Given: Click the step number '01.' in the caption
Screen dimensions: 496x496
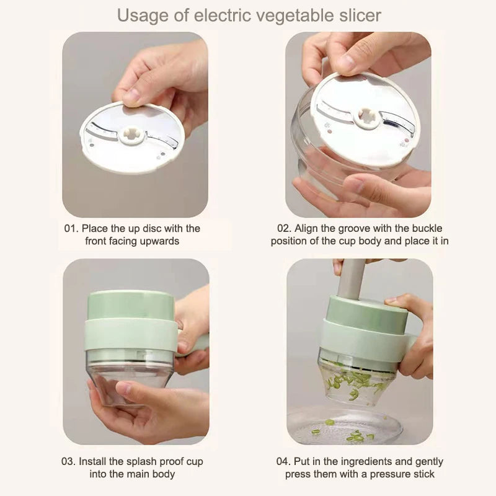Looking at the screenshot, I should click(x=72, y=229).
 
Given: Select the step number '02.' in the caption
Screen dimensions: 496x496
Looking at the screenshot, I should click(x=285, y=229).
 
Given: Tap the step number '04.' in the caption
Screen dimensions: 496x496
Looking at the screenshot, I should click(x=285, y=462).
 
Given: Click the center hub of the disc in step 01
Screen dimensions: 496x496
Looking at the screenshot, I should click(x=131, y=136).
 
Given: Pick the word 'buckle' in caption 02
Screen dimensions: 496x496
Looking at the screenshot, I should click(x=427, y=229).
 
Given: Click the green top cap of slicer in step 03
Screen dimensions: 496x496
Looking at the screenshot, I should click(x=130, y=304).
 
